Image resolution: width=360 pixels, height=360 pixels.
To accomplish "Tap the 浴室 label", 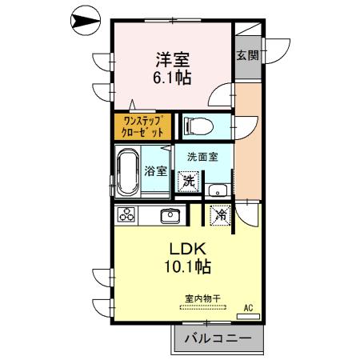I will point(155,170).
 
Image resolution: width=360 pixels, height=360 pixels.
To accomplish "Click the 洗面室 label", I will point(203,157).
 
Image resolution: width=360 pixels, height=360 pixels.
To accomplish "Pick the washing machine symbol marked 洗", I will point(188,182).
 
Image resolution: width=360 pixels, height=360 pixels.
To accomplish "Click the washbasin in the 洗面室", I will point(216,190).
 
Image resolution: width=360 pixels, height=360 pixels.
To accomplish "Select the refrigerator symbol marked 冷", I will point(219,215).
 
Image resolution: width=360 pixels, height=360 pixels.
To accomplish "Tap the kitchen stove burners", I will point(127,214).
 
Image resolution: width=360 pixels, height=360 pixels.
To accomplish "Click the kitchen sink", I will point(170,214).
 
